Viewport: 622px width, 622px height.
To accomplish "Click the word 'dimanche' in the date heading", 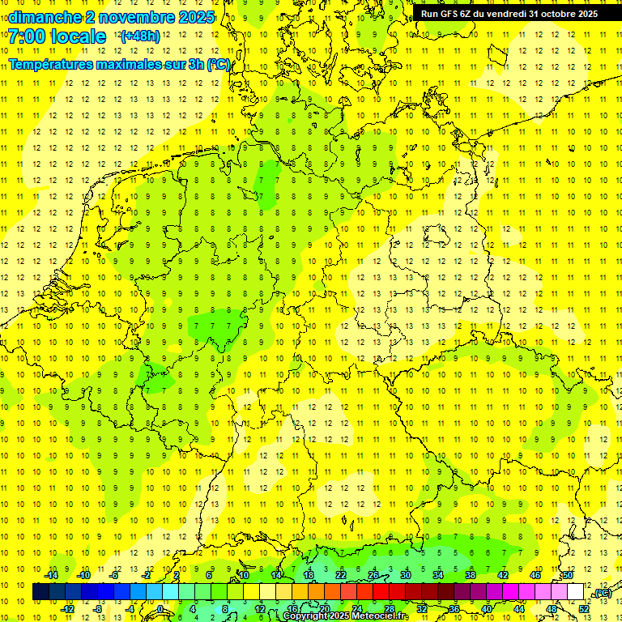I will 44,17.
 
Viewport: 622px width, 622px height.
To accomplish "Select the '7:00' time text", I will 26,36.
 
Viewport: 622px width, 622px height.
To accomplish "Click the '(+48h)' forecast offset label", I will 140,36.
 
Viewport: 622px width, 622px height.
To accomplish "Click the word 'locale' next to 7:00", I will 79,36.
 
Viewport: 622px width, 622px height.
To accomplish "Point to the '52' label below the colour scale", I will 584,608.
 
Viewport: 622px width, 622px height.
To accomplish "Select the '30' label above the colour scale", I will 405,575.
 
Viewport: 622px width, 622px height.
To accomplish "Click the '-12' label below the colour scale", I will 68,608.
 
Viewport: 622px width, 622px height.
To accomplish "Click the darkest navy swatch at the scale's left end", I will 40,591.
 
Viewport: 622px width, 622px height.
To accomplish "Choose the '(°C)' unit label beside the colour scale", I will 602,594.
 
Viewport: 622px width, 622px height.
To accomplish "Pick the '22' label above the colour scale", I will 341,575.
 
